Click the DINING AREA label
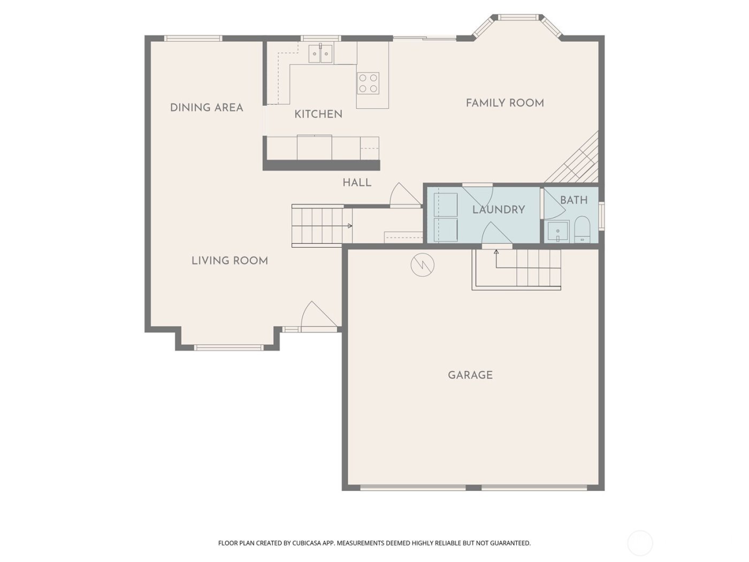coord(207,108)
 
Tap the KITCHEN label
coord(318,114)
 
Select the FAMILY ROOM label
coord(505,103)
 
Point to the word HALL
coord(357,183)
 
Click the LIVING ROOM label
coord(230,261)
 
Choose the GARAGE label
coord(470,375)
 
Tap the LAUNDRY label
coord(499,209)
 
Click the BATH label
coord(574,200)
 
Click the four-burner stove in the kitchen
coord(368,83)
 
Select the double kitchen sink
coord(320,54)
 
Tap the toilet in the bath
coord(582,230)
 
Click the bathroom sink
coord(557,232)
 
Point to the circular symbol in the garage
coord(422,264)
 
